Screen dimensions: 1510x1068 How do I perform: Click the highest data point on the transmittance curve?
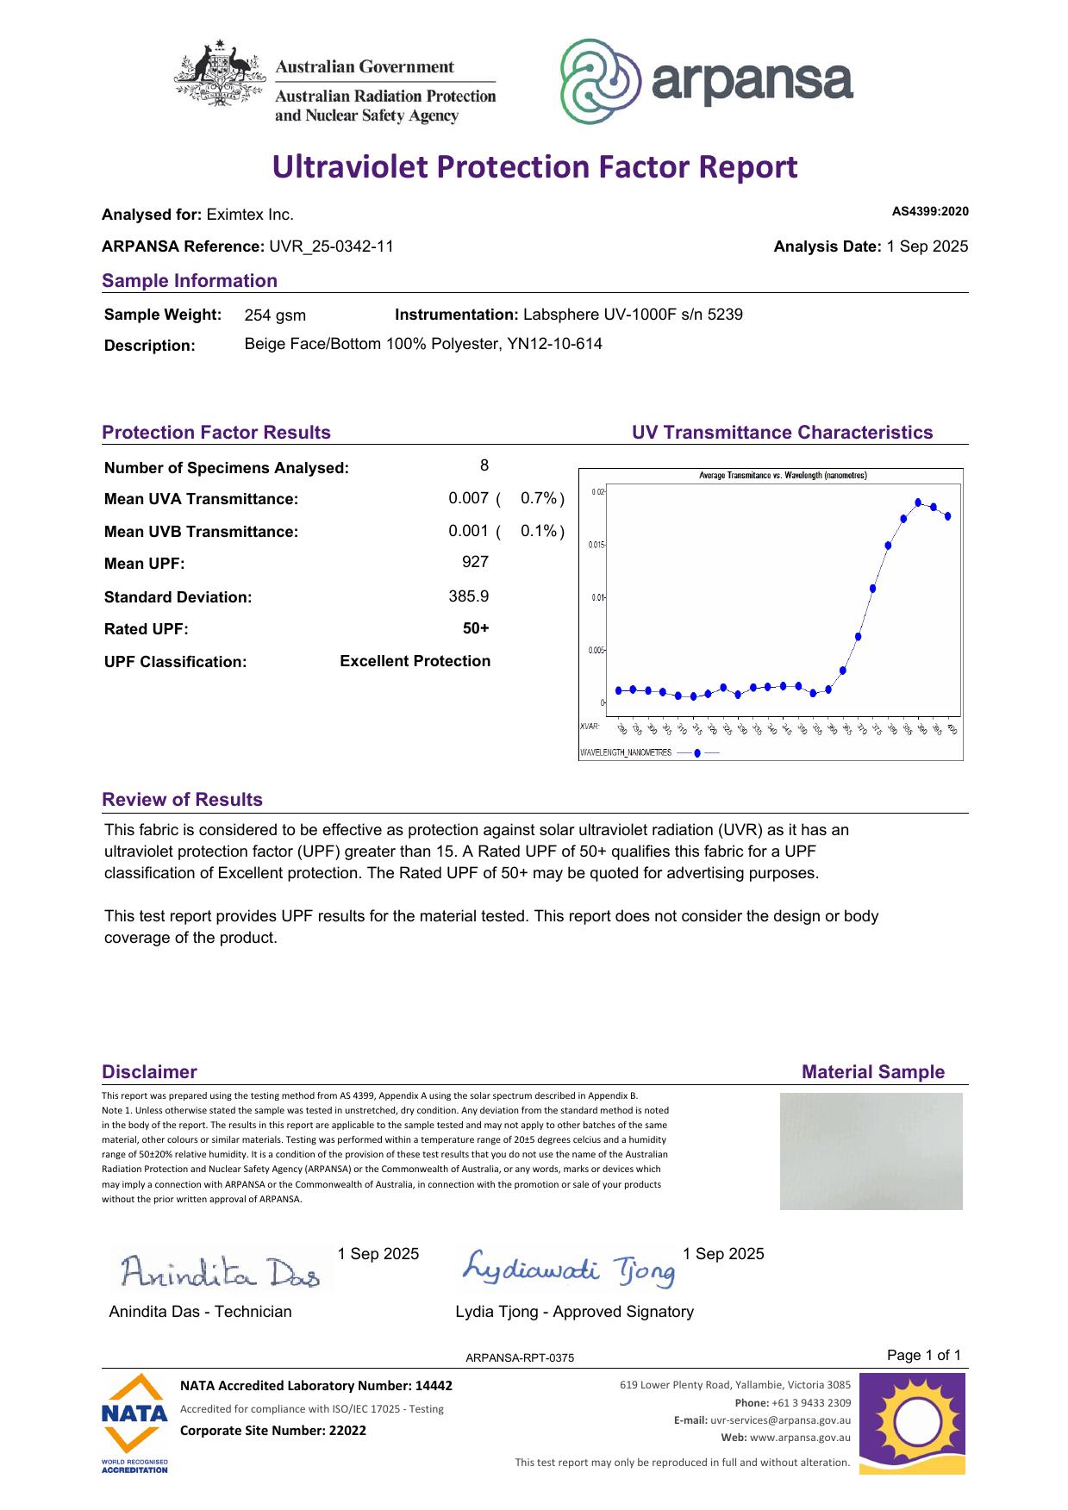point(918,502)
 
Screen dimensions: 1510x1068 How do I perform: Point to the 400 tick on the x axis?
point(952,729)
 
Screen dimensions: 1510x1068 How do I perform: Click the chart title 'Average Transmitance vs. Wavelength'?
point(783,476)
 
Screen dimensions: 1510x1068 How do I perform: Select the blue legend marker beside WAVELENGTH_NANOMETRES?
point(697,752)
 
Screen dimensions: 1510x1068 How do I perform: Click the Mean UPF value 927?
point(475,563)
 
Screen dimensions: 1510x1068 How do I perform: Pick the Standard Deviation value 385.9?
point(469,596)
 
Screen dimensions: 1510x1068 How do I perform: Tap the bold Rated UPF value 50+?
point(476,628)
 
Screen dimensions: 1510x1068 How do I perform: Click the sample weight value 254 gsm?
point(275,315)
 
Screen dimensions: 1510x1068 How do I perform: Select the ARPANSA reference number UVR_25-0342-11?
point(332,246)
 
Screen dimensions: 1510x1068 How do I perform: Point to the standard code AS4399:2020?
point(930,211)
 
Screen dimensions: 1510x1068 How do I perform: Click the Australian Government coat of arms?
point(219,74)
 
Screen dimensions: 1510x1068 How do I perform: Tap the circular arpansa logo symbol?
point(600,82)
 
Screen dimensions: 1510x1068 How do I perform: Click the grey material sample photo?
point(871,1151)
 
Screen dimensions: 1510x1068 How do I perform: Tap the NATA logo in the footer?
point(134,1422)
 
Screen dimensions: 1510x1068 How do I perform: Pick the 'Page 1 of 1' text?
point(923,1356)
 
